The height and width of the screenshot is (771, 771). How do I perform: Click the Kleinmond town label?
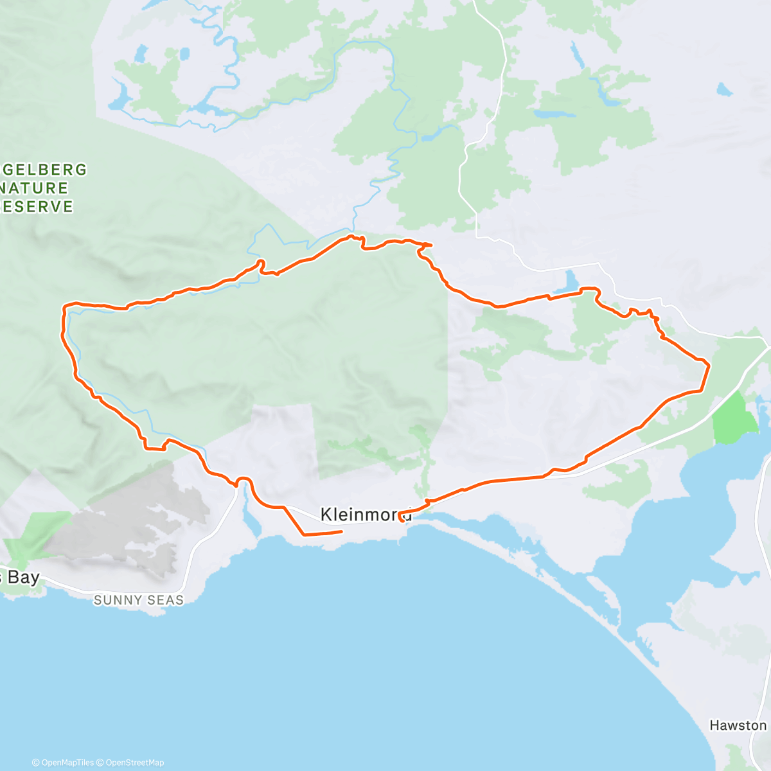(x=366, y=514)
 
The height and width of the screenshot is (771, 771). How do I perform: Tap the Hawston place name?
(x=738, y=725)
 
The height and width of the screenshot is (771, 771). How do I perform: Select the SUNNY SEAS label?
(x=139, y=600)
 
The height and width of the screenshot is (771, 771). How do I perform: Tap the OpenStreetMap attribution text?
(x=135, y=763)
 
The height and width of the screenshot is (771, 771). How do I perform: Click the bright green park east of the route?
(x=734, y=419)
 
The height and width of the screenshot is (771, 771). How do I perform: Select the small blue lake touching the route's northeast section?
(x=570, y=281)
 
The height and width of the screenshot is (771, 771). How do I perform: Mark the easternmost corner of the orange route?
(x=709, y=365)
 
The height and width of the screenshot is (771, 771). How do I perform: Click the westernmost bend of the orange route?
(x=63, y=310)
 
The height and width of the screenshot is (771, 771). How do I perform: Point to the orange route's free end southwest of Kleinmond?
(x=341, y=531)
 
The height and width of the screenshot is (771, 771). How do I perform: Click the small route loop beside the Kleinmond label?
(x=402, y=517)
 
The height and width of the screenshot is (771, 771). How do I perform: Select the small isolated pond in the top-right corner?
(x=725, y=89)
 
